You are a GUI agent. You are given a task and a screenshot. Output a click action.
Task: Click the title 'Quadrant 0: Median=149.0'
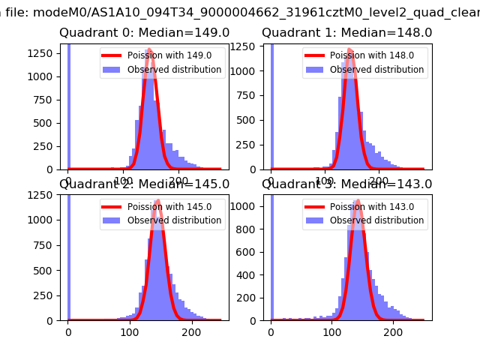[144, 33]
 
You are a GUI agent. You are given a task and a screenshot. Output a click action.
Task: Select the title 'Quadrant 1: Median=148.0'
[346, 33]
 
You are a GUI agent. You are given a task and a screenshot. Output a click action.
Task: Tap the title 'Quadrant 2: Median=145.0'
[144, 184]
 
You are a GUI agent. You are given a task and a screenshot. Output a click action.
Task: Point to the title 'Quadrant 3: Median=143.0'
[346, 184]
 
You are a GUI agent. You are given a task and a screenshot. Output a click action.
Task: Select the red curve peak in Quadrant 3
[357, 201]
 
